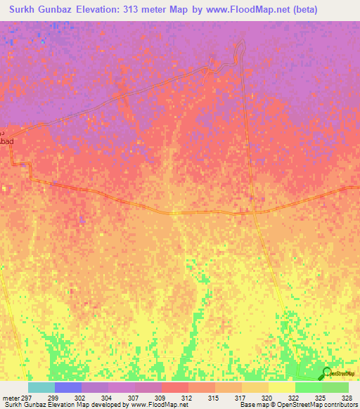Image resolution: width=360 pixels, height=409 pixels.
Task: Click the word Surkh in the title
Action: coord(27,10)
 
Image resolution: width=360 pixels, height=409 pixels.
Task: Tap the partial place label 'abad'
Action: coord(6,141)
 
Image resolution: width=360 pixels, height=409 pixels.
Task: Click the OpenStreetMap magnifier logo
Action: coord(327,372)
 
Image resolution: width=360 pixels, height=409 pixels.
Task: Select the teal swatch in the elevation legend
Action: coord(41,387)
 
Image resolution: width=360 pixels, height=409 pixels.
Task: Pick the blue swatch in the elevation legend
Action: coord(68,387)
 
